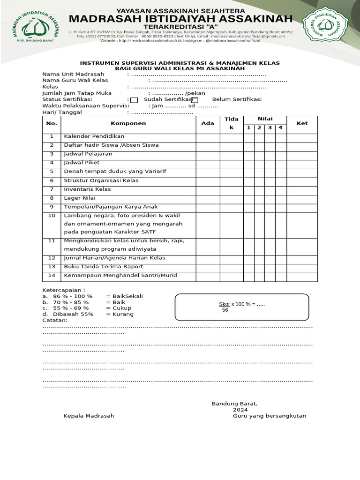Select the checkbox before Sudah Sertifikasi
pos(134,100)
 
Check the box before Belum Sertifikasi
pos(195,100)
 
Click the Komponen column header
pos(128,123)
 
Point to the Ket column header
pos(302,123)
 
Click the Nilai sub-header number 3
pos(270,127)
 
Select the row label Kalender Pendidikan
pos(88,136)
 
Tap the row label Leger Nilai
pos(80,198)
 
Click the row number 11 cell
pos(52,240)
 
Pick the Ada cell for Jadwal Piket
pos(208,163)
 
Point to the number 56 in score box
pos(225,310)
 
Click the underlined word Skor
pos(225,304)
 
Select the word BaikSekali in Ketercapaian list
pos(124,296)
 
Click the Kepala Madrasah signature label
pos(89,416)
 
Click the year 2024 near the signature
pos(240,410)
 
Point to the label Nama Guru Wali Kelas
pos(75,80)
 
